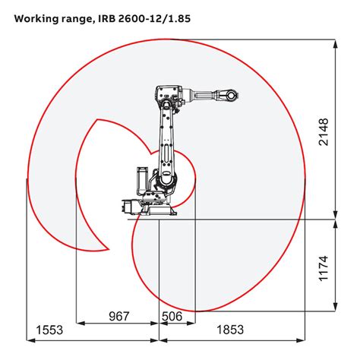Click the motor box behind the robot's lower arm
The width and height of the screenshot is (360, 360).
(x=141, y=180)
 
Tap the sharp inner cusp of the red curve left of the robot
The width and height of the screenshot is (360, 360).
(x=97, y=119)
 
